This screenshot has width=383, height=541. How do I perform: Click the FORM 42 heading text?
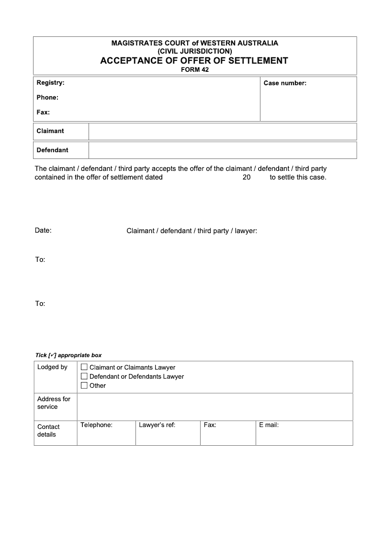click(x=194, y=69)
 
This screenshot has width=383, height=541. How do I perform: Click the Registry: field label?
click(x=50, y=83)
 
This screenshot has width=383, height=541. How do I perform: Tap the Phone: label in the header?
click(x=47, y=98)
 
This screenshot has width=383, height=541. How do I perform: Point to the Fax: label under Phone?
click(x=43, y=113)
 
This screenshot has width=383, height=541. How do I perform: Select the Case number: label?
click(x=285, y=83)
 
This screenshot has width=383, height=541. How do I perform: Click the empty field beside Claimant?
click(x=223, y=131)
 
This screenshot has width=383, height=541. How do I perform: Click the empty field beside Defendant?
click(x=223, y=150)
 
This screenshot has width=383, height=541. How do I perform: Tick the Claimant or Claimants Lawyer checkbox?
click(x=84, y=367)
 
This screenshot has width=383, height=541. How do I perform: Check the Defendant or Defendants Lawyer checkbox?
click(x=84, y=376)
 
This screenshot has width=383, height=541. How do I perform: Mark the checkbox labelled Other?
click(x=84, y=385)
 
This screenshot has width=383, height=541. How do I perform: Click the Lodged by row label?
click(x=52, y=367)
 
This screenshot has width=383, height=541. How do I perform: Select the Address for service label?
click(x=54, y=403)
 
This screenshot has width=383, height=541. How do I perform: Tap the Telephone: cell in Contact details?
click(x=96, y=425)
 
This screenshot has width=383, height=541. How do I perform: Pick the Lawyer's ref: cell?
click(x=157, y=425)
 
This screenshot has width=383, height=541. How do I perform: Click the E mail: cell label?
click(x=269, y=425)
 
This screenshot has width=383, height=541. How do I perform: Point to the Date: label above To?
click(x=43, y=230)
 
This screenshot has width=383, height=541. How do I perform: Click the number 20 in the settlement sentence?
click(x=247, y=177)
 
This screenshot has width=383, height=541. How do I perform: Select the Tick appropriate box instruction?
click(x=68, y=355)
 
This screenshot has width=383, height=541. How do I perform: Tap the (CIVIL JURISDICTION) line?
click(x=194, y=51)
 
